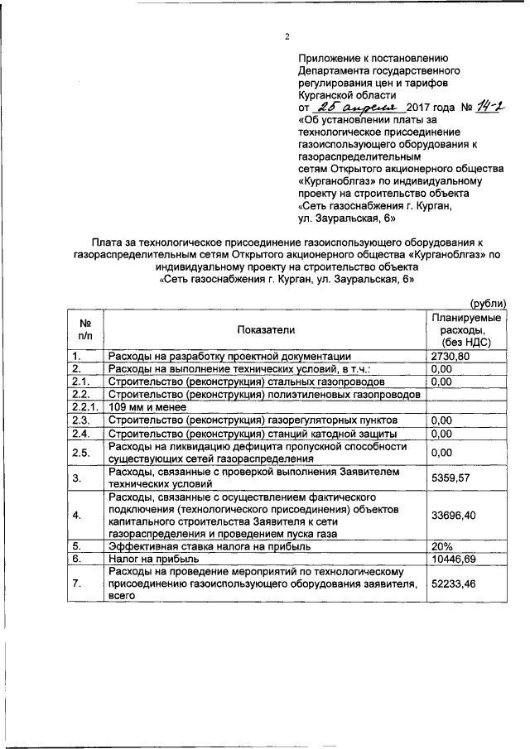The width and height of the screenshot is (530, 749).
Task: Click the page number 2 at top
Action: [287, 36]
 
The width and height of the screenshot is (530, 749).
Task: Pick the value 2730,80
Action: [451, 356]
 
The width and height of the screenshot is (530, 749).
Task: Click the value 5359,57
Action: [451, 478]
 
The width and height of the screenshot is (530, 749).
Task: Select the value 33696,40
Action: [454, 516]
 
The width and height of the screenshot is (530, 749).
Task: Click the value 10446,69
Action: [454, 560]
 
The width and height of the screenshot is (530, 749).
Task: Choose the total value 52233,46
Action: [454, 583]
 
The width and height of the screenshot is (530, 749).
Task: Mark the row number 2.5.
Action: [80, 452]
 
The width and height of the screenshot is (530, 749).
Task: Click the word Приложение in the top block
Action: [330, 59]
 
